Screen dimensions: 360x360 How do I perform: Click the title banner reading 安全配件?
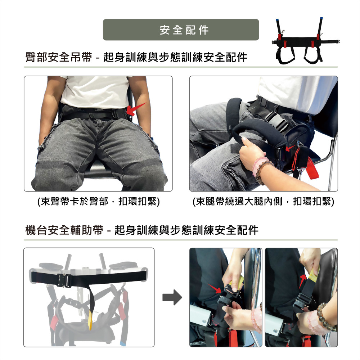pyautogui.click(x=181, y=30)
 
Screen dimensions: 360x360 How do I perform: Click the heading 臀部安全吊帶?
pyautogui.click(x=59, y=57)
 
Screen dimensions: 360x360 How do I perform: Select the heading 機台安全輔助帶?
pyautogui.click(x=64, y=230)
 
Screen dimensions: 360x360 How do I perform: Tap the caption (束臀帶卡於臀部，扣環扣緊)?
pyautogui.click(x=99, y=202)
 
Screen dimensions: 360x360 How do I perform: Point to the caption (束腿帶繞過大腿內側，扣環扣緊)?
pyautogui.click(x=264, y=202)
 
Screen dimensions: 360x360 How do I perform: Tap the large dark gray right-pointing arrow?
pyautogui.click(x=172, y=297)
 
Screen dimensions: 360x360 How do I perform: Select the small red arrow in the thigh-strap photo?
pyautogui.click(x=291, y=148)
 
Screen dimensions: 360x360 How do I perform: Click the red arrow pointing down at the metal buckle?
pyautogui.click(x=215, y=288)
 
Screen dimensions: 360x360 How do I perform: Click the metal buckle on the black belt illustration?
pyautogui.click(x=64, y=280)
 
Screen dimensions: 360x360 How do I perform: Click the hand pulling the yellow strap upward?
pyautogui.click(x=310, y=261)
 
